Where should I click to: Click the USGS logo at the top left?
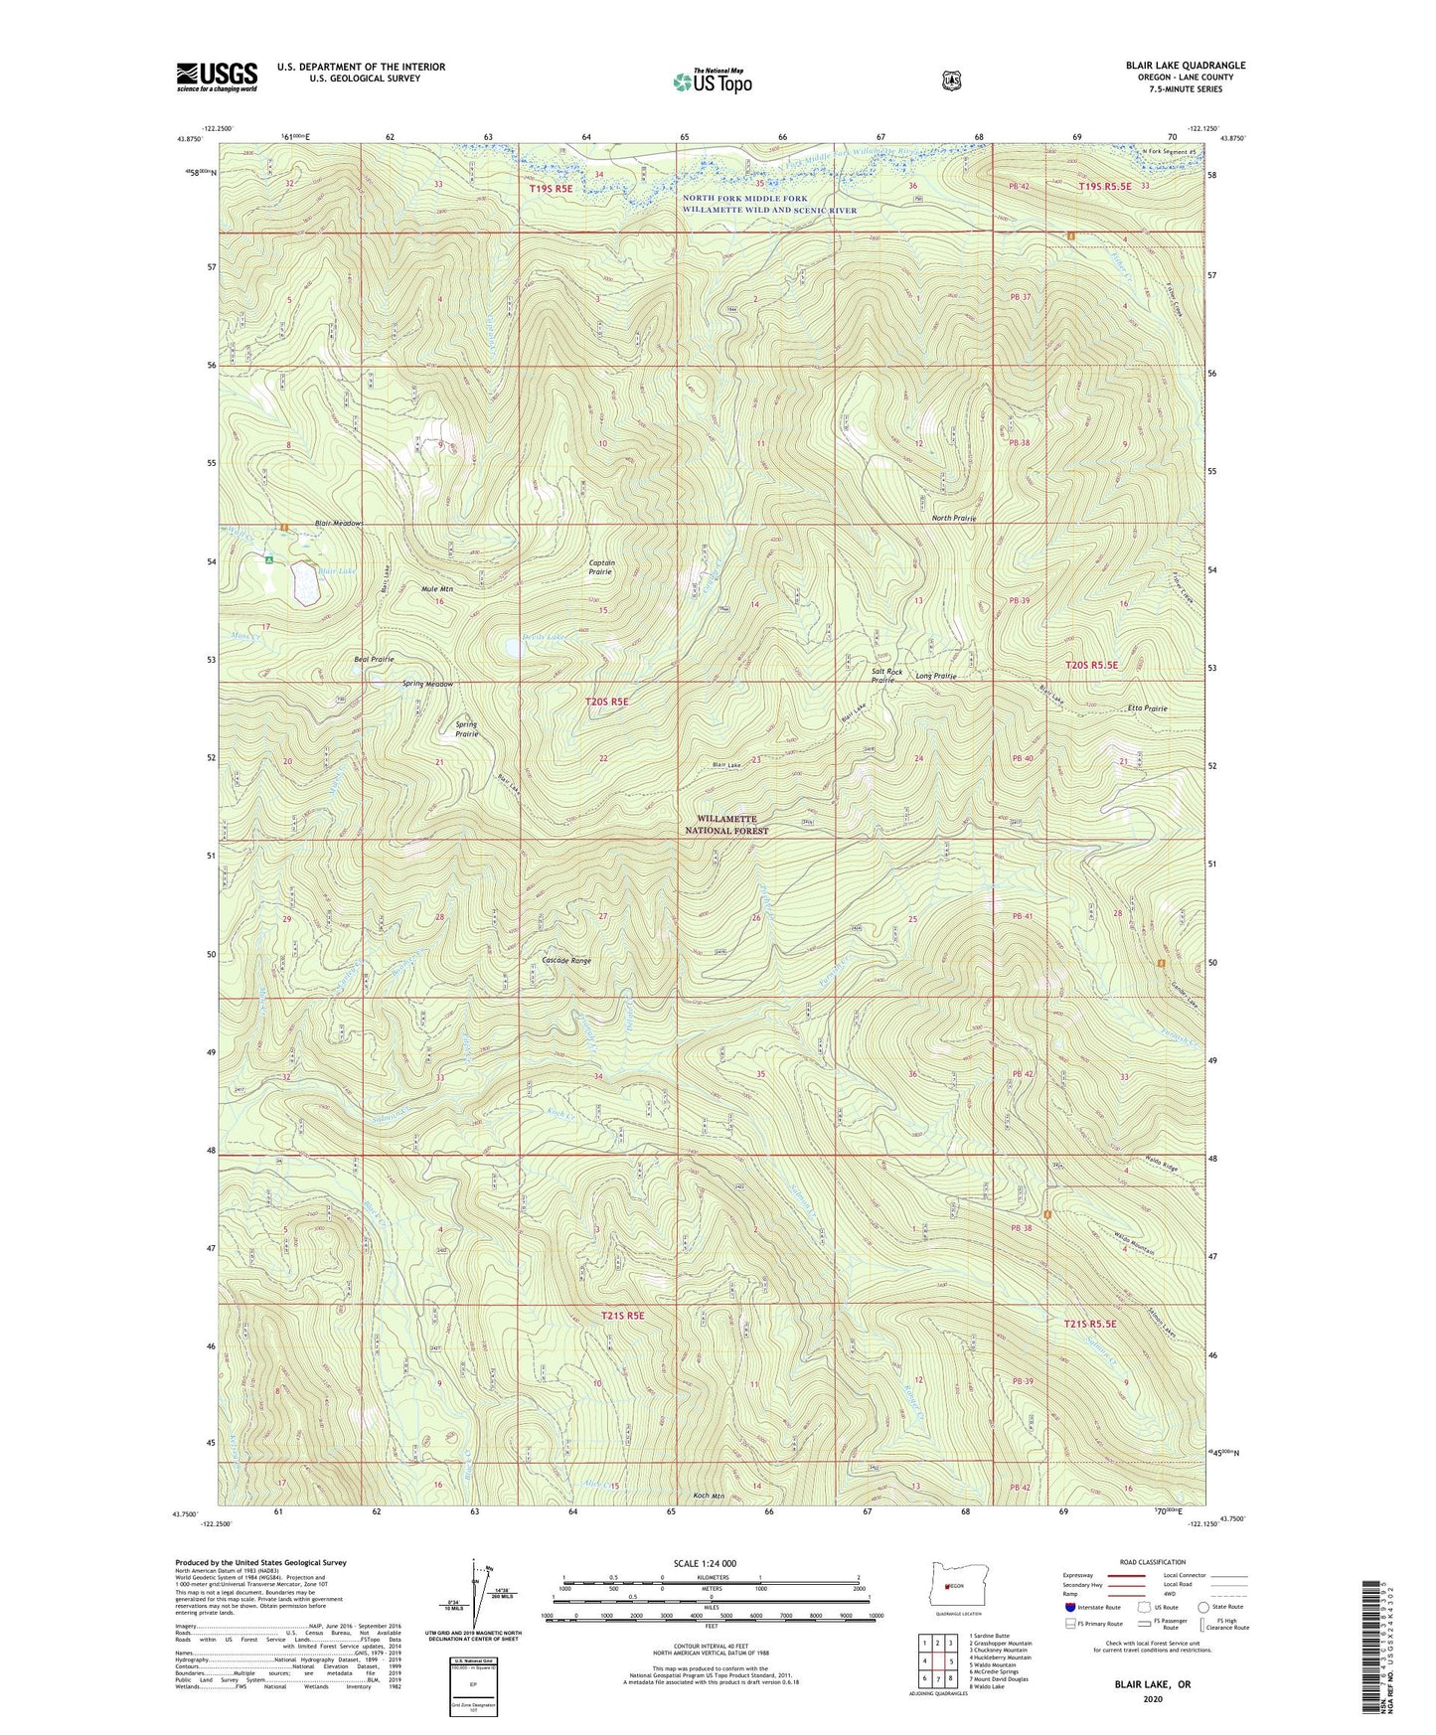[x=217, y=77]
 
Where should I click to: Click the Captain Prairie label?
[x=601, y=567]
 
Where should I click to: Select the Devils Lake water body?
[x=514, y=648]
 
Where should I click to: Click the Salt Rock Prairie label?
[x=886, y=676]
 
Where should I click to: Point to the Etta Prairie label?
[x=1147, y=709]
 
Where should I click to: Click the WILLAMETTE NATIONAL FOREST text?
[x=726, y=825]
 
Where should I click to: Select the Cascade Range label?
[x=566, y=961]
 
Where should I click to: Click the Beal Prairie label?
[x=375, y=659]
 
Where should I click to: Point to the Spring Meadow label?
[x=427, y=684]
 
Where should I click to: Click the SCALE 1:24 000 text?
[x=705, y=1564]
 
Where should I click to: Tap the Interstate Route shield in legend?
[x=1069, y=1607]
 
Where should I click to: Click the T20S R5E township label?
[x=606, y=702]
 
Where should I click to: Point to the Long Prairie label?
[x=936, y=676]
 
